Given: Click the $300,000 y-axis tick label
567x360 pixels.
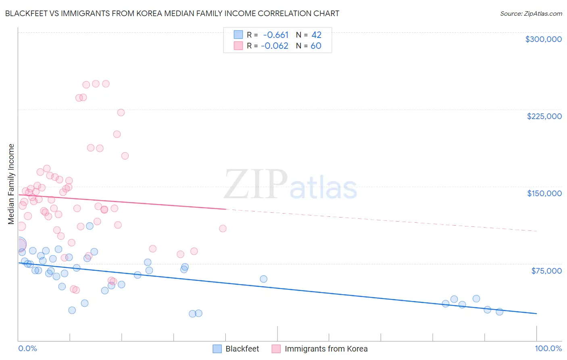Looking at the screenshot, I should (543, 39).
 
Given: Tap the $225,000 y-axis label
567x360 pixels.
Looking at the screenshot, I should (544, 116).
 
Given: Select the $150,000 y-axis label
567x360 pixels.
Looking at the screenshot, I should (544, 193).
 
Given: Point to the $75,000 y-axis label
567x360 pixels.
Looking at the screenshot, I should (546, 271).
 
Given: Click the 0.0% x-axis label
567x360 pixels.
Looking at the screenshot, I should (27, 348).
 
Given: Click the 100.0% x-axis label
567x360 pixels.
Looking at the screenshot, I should (548, 348).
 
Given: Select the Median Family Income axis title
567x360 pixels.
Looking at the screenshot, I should (11, 184).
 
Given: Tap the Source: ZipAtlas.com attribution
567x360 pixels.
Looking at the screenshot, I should (531, 13).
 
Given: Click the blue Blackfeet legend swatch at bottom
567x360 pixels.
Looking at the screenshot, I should (217, 349).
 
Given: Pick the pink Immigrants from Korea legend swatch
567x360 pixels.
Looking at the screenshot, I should (276, 349).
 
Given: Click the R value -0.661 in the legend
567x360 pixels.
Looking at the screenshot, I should (275, 35).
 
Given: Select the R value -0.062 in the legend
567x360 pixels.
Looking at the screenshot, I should (275, 46).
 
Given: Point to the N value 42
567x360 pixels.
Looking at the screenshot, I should (316, 35).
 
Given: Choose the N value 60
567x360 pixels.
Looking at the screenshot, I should (316, 46).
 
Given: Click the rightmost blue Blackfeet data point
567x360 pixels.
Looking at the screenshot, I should (499, 312).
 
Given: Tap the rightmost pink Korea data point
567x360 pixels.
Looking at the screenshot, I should (223, 228).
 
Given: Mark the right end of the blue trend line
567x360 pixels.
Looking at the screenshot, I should (536, 314).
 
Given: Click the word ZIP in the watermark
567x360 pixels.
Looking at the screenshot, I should (256, 184).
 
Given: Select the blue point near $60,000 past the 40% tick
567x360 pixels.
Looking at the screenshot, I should (263, 279).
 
